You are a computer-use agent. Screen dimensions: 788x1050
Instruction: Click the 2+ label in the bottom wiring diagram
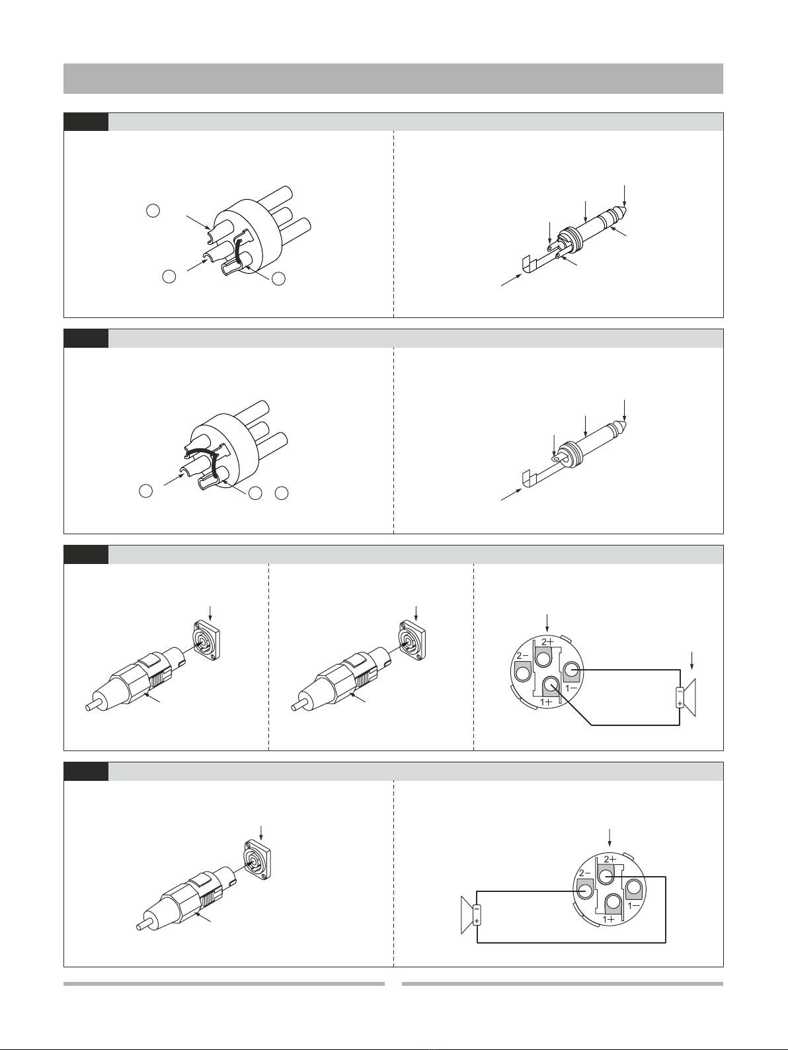pyautogui.click(x=610, y=859)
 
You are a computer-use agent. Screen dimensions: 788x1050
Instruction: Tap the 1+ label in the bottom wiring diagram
pyautogui.click(x=608, y=919)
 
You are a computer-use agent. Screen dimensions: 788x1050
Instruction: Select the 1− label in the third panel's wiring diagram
pyautogui.click(x=571, y=688)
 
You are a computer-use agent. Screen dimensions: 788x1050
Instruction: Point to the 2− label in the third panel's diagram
pyautogui.click(x=522, y=656)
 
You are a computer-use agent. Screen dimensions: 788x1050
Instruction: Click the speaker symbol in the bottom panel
pyautogui.click(x=470, y=914)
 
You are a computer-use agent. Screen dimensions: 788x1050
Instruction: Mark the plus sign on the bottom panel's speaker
pyautogui.click(x=476, y=919)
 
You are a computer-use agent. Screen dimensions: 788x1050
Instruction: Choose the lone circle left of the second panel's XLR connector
pyautogui.click(x=146, y=491)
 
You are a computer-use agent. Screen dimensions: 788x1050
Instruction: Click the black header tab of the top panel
pyautogui.click(x=86, y=122)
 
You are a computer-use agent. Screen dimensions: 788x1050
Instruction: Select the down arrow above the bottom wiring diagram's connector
pyautogui.click(x=610, y=837)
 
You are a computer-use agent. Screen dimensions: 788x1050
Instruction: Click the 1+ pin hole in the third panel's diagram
pyautogui.click(x=551, y=684)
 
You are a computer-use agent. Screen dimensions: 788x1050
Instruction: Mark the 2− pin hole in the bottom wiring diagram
pyautogui.click(x=585, y=891)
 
